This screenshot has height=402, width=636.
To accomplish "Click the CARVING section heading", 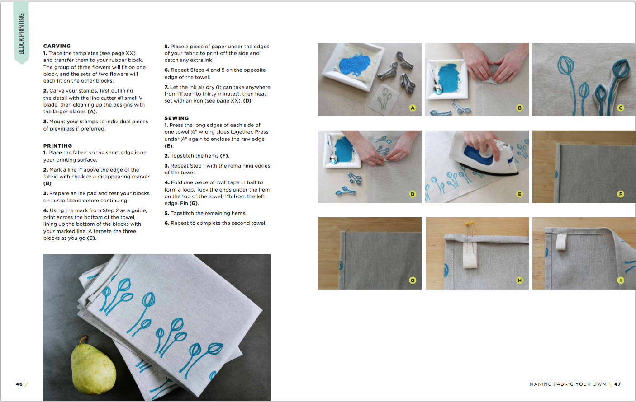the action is pyautogui.click(x=57, y=46).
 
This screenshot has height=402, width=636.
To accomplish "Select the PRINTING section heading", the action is pyautogui.click(x=57, y=146).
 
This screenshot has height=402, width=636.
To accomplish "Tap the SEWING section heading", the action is pyautogui.click(x=176, y=118).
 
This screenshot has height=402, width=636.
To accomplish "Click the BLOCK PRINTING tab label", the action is pyautogui.click(x=21, y=33).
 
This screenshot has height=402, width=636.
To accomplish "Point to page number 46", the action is pyautogui.click(x=19, y=384).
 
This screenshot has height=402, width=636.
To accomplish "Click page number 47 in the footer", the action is pyautogui.click(x=617, y=384).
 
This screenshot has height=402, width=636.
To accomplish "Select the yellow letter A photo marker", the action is pyautogui.click(x=413, y=108).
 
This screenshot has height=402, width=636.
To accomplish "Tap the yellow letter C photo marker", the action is pyautogui.click(x=621, y=108).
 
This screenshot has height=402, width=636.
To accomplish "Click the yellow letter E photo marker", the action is pyautogui.click(x=520, y=194).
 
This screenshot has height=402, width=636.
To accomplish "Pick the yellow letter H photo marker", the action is pyautogui.click(x=520, y=280).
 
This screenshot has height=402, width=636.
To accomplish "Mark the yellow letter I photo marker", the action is pyautogui.click(x=621, y=280).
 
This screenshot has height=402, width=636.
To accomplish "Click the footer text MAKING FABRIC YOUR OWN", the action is pyautogui.click(x=568, y=384).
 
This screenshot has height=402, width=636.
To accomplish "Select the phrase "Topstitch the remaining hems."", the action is pyautogui.click(x=209, y=213).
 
